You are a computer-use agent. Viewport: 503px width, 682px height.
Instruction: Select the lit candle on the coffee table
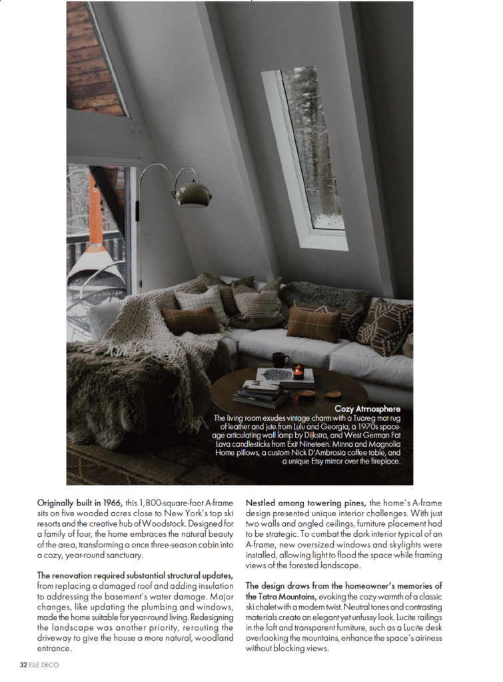click(298, 372)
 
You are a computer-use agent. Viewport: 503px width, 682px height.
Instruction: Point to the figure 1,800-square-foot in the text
click(150, 502)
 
